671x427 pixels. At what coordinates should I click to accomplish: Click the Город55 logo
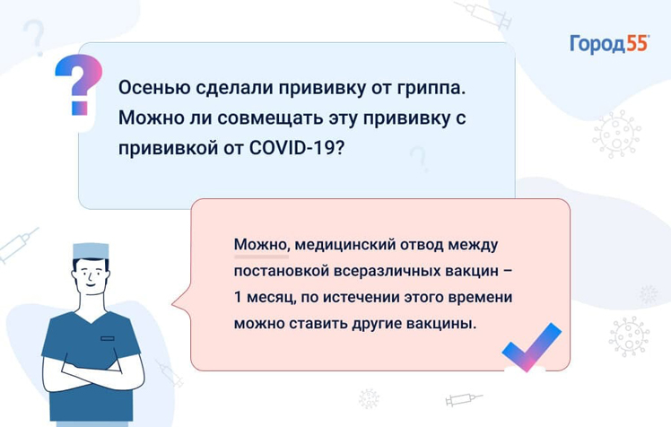point(609,45)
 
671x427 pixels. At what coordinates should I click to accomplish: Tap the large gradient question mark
point(80,84)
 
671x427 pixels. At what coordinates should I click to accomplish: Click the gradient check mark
point(532,346)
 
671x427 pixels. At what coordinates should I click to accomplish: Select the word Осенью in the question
point(154,88)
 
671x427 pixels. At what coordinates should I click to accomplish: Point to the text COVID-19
point(296,148)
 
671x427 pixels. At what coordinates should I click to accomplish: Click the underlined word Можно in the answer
point(261,245)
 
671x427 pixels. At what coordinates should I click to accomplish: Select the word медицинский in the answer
point(344,245)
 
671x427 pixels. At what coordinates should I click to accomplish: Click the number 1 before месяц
point(238,297)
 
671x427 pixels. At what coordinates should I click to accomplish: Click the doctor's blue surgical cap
point(91,250)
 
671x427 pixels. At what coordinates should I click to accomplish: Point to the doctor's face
point(91,276)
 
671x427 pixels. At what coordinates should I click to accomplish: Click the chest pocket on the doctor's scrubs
point(108,338)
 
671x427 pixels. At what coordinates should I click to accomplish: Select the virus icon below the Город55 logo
point(616,135)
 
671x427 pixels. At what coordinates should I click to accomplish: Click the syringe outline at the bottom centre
point(464,399)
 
